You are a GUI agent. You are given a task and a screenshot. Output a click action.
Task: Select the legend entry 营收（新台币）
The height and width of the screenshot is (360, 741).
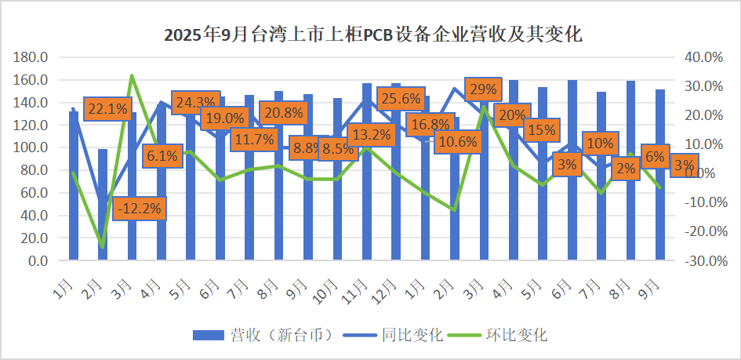click(x=267, y=335)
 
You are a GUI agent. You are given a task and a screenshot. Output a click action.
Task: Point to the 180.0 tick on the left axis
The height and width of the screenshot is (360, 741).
click(x=32, y=57)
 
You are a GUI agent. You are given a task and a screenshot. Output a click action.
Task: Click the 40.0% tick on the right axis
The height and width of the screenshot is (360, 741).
click(x=703, y=57)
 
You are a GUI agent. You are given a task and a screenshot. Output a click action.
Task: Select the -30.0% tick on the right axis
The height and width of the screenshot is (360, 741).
click(x=701, y=260)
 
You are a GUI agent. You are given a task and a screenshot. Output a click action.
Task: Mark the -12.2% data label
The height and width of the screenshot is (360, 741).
click(x=141, y=209)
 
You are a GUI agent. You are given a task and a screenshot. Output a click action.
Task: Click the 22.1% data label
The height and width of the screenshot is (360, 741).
click(x=107, y=109)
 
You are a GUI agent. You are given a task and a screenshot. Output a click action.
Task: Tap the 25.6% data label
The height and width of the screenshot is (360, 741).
click(x=401, y=99)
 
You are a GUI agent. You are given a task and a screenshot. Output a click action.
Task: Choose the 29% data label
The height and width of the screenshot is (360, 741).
click(x=481, y=89)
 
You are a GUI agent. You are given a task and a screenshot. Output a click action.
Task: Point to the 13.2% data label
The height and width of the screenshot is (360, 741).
click(x=370, y=135)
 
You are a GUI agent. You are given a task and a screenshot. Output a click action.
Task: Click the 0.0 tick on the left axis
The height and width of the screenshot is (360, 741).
click(x=38, y=260)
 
